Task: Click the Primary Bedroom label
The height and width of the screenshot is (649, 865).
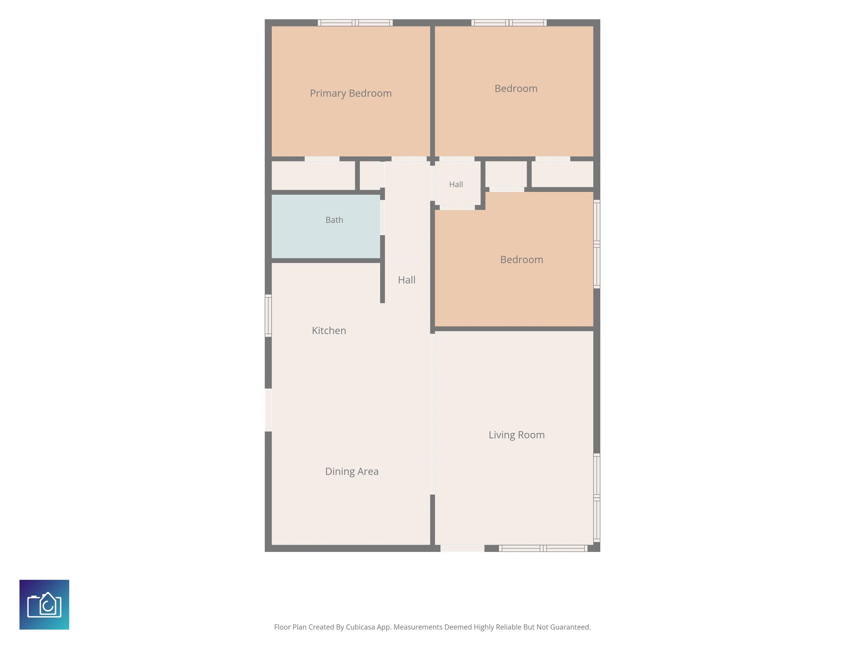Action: pos(351,94)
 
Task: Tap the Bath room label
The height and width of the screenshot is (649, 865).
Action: pos(334,220)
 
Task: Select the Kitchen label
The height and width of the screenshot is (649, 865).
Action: pos(329,331)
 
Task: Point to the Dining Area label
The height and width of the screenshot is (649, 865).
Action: pos(352,471)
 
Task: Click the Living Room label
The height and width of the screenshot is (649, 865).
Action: pos(517,435)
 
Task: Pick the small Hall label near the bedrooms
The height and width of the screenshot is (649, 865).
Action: pos(456,184)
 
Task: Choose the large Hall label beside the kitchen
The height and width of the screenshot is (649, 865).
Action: pos(407,280)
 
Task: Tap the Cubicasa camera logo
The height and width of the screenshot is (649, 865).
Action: pos(44,604)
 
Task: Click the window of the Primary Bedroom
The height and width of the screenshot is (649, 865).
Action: pos(355,23)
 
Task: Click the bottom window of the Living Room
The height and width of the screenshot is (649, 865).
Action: pos(543,548)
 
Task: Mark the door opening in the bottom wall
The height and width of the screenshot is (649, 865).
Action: pos(463,548)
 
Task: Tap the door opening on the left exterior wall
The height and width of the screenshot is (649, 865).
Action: pos(268,410)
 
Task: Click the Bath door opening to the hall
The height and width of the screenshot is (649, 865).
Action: pos(382,217)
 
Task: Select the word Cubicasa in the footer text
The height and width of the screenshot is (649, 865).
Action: pos(360,627)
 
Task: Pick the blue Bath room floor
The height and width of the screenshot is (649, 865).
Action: pos(326,226)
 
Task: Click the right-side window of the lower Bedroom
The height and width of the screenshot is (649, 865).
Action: pos(597,244)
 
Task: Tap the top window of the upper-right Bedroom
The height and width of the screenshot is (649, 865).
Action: pos(509,23)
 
